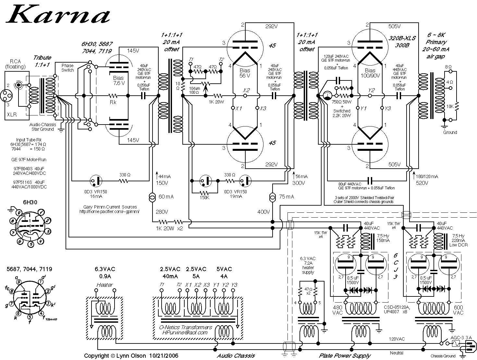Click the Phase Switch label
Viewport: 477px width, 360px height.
[67, 67]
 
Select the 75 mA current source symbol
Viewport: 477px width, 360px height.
[273, 197]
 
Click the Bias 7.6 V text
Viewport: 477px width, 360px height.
[118, 80]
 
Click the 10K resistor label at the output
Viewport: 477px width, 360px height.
[450, 106]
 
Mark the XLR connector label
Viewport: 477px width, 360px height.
[12, 114]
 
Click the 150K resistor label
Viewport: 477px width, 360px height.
[204, 198]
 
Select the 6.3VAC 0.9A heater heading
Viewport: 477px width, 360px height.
[104, 272]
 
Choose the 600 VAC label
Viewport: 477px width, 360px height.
[459, 310]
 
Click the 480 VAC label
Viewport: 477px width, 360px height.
[337, 310]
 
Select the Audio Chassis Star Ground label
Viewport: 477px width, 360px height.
[42, 127]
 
